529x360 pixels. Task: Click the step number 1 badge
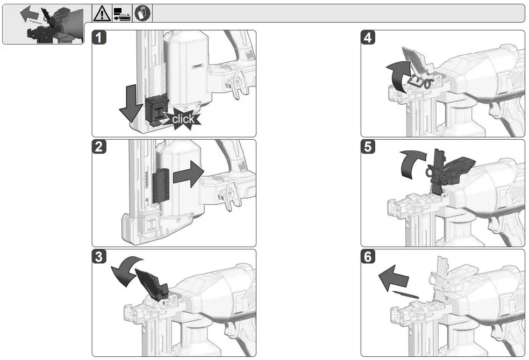[x=99, y=38]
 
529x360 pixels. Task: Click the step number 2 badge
[x=99, y=147]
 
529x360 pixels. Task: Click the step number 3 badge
[x=99, y=257]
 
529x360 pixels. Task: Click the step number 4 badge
[x=368, y=38]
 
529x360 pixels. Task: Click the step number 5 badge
[x=368, y=147]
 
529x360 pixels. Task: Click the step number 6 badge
[x=368, y=257]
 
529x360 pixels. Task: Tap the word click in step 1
[x=183, y=119]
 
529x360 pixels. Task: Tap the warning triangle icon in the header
[x=102, y=13]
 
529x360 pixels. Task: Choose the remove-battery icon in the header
[x=122, y=13]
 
